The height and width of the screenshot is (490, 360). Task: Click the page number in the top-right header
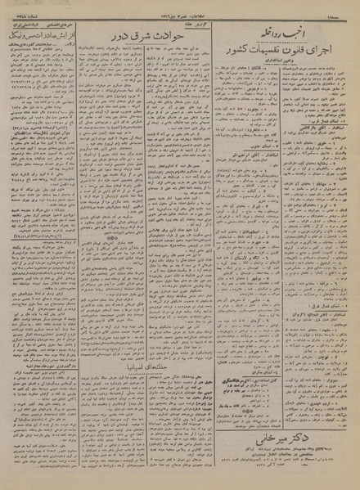point(343,7)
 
